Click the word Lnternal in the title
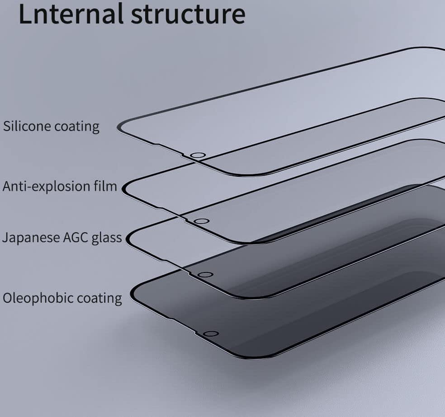point(71,14)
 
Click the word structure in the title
point(188,14)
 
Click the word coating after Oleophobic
point(99,299)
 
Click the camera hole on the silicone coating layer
point(198,155)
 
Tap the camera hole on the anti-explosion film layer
point(201,221)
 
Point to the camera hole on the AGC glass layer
point(205,275)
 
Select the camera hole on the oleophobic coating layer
point(211,334)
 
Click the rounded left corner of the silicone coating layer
point(121,126)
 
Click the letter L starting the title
point(25,14)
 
